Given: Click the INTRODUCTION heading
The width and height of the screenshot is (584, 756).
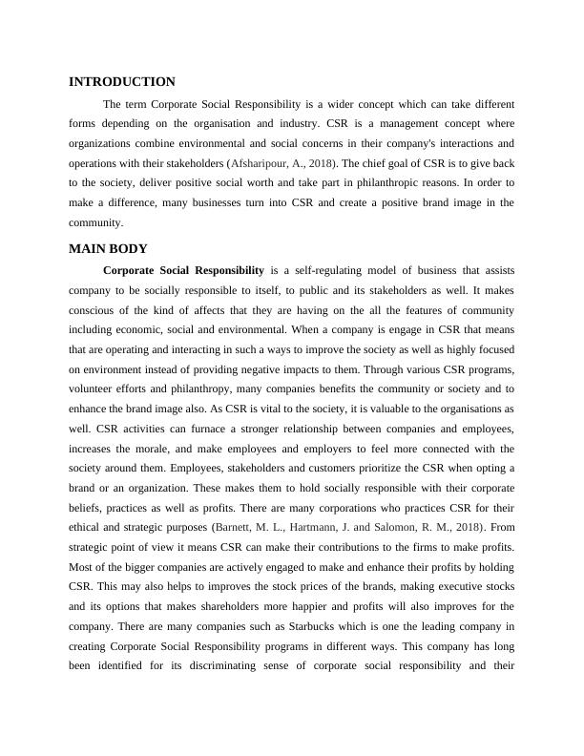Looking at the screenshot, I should [122, 82].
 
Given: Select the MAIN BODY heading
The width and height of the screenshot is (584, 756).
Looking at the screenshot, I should [108, 248].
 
